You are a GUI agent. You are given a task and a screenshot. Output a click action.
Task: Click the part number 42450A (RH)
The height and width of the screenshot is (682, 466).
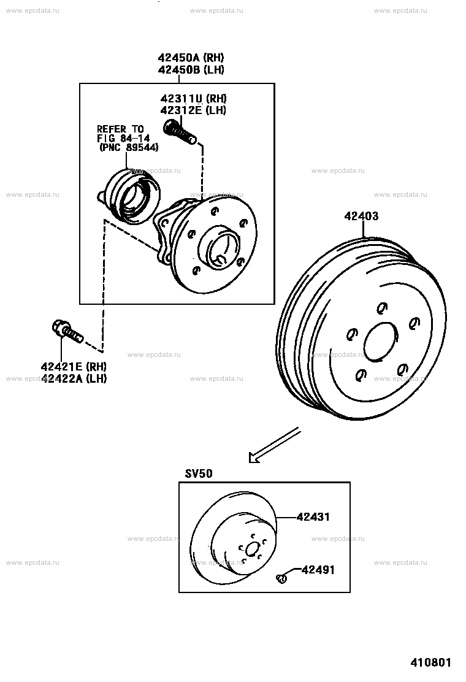click(x=191, y=58)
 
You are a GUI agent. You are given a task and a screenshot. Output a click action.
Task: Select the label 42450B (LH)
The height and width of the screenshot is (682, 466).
click(x=191, y=69)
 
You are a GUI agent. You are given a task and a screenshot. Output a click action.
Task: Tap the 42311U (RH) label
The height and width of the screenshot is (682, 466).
click(x=193, y=98)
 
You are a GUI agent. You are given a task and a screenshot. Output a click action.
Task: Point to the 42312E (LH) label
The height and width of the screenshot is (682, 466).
click(x=193, y=110)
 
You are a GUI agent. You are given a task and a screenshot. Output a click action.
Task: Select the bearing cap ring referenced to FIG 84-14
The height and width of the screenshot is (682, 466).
click(x=131, y=197)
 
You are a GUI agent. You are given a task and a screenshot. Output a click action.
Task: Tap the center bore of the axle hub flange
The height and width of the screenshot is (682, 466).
click(x=223, y=249)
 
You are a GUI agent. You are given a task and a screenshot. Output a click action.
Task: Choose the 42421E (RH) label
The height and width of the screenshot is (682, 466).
click(x=74, y=367)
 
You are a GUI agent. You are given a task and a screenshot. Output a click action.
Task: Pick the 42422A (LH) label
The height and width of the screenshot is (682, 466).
click(x=74, y=378)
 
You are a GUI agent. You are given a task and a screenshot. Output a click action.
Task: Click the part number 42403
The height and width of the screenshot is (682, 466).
click(x=361, y=216)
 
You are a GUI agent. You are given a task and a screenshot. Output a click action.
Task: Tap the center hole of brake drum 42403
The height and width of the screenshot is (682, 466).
click(x=381, y=342)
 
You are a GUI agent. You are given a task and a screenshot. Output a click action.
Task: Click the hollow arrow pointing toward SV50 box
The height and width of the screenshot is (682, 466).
click(x=274, y=445)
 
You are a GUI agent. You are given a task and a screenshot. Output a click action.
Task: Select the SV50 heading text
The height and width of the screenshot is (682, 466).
click(x=199, y=473)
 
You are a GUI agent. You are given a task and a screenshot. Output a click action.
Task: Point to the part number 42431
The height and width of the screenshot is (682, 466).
click(x=313, y=517)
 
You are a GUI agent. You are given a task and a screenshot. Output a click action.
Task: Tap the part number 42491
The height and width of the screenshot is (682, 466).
click(x=318, y=570)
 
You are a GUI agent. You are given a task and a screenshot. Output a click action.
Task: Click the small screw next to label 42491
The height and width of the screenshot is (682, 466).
click(x=281, y=578)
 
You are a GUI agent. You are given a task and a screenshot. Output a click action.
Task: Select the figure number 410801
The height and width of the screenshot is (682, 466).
click(x=431, y=662)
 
